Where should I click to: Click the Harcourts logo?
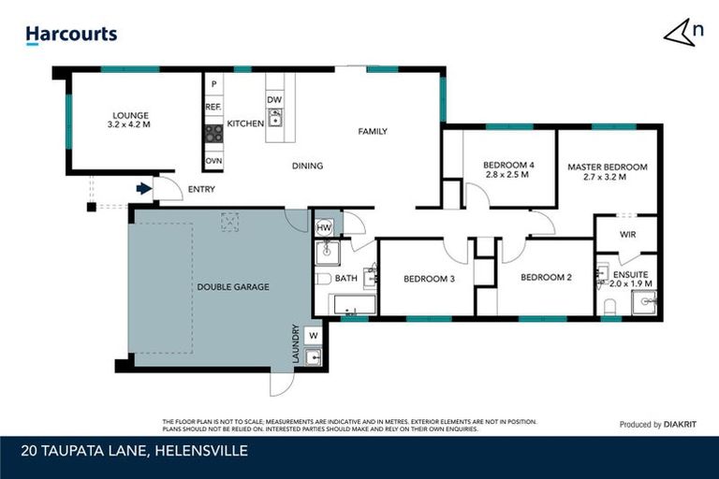click(71, 35)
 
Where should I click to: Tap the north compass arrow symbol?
click(682, 33)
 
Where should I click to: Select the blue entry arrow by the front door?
click(142, 189)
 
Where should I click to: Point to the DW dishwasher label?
click(274, 100)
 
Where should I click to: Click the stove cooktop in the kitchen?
click(213, 134)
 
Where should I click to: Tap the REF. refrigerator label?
click(213, 108)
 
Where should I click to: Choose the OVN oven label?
click(213, 161)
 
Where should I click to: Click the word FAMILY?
click(373, 132)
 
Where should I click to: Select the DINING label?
click(307, 167)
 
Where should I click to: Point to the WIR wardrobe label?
click(627, 235)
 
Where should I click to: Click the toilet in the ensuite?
click(609, 306)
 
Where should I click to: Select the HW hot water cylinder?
click(325, 227)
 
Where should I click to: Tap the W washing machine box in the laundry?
click(313, 335)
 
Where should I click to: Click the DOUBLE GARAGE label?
click(233, 287)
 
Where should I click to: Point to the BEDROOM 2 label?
click(545, 278)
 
